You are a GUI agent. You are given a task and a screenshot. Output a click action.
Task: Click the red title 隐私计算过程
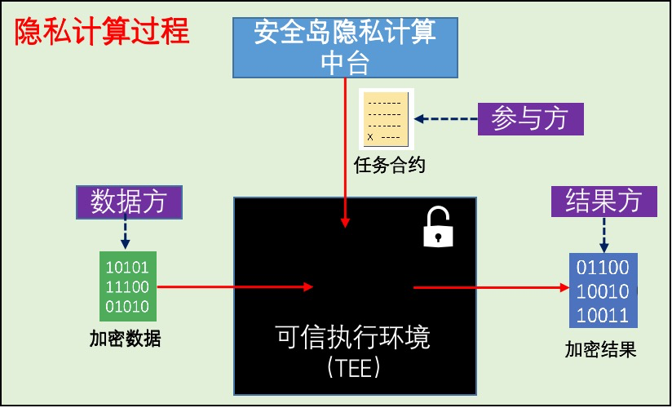click(x=102, y=32)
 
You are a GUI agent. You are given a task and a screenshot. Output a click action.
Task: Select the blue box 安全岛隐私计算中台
click(x=345, y=47)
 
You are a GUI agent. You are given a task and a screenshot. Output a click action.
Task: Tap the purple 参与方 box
click(x=530, y=119)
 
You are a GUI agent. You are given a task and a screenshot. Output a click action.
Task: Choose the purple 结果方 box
click(x=603, y=200)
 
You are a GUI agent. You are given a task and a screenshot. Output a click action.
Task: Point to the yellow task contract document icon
click(x=386, y=118)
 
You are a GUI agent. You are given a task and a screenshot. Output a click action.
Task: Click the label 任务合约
click(x=390, y=166)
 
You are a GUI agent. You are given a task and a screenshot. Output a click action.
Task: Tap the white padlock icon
click(x=438, y=228)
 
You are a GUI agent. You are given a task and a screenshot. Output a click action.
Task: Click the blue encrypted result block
click(x=603, y=290)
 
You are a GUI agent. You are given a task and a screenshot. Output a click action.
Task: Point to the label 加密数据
click(x=125, y=339)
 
